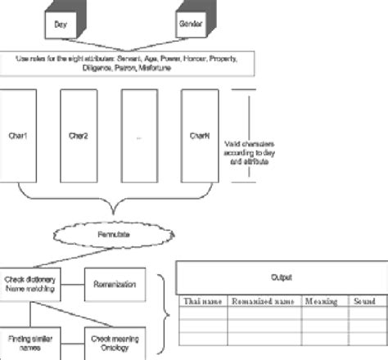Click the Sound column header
pyautogui.click(x=365, y=302)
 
